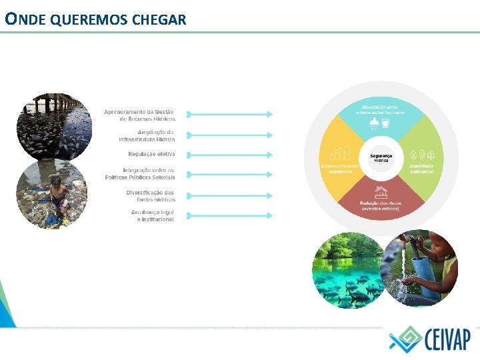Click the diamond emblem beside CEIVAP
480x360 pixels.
pyautogui.click(x=405, y=339)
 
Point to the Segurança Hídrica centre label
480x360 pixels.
pyautogui.click(x=381, y=158)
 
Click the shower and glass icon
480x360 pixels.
pyautogui.click(x=379, y=124)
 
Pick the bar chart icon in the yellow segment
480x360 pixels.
pyautogui.click(x=341, y=153)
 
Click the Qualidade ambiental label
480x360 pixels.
pyautogui.click(x=421, y=169)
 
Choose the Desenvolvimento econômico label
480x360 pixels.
pyautogui.click(x=340, y=168)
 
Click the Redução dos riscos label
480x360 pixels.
pyautogui.click(x=381, y=205)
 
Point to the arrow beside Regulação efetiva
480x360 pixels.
pyautogui.click(x=229, y=155)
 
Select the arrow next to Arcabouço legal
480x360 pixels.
pyautogui.click(x=229, y=215)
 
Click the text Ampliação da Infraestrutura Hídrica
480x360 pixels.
pyautogui.click(x=147, y=136)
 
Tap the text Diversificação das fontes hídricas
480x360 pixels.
pyautogui.click(x=151, y=196)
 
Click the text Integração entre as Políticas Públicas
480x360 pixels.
pyautogui.click(x=140, y=173)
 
